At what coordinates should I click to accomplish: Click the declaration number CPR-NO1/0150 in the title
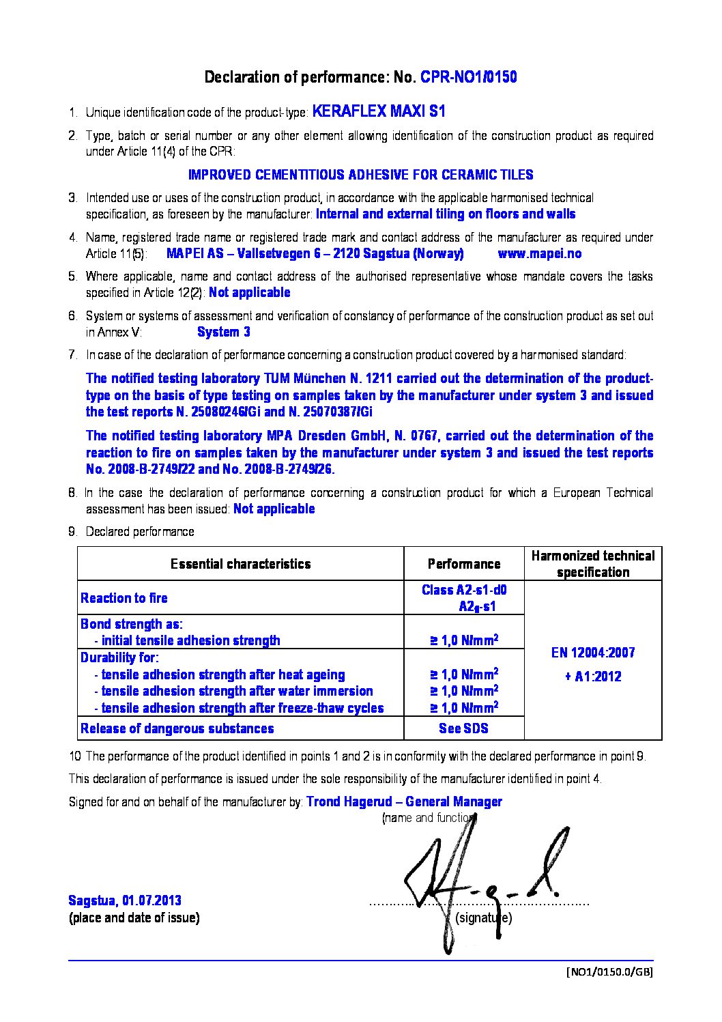(x=468, y=77)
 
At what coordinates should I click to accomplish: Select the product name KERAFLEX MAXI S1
(x=379, y=111)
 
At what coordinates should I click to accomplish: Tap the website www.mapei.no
(x=540, y=254)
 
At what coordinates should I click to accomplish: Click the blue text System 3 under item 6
(x=223, y=332)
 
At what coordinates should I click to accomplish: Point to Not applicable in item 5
(x=249, y=293)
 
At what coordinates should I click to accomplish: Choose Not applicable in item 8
(x=274, y=509)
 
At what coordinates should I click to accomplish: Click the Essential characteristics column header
(x=240, y=564)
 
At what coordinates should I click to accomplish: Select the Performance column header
(x=463, y=564)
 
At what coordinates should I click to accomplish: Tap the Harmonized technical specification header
(x=592, y=564)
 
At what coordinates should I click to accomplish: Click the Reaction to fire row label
(x=124, y=599)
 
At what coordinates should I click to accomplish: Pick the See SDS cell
(x=463, y=728)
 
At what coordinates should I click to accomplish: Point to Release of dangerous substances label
(x=177, y=729)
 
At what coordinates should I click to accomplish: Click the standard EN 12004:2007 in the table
(x=592, y=653)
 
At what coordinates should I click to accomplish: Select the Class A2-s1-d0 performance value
(x=464, y=591)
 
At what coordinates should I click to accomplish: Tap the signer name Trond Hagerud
(x=349, y=802)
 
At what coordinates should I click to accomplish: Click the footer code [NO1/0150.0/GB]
(x=609, y=972)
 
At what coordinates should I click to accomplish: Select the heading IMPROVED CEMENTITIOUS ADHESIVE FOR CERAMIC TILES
(x=360, y=175)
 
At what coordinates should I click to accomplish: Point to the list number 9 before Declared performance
(x=72, y=532)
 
